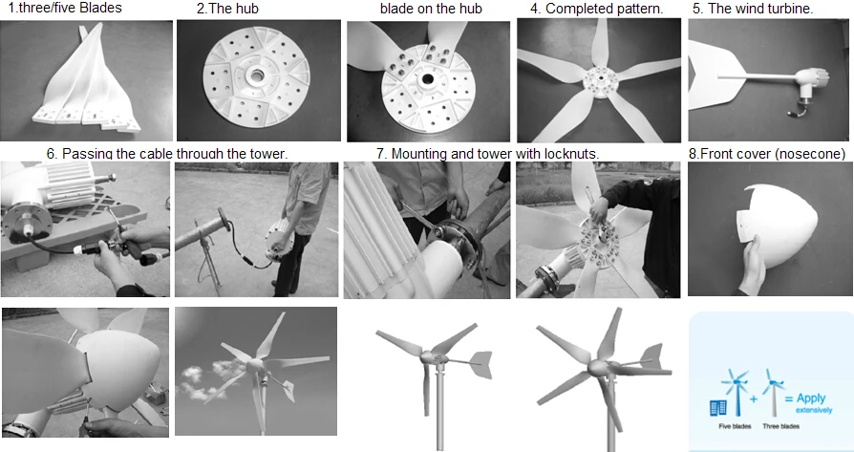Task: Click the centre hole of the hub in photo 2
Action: click(257, 76)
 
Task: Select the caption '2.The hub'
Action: click(227, 9)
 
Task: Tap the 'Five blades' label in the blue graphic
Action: click(735, 426)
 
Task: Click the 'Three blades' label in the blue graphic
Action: click(780, 426)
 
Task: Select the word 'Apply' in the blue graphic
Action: click(811, 398)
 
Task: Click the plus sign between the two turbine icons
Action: click(754, 399)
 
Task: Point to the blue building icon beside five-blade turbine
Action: click(718, 408)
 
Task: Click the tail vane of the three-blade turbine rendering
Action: click(480, 364)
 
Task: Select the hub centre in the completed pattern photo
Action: click(600, 80)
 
